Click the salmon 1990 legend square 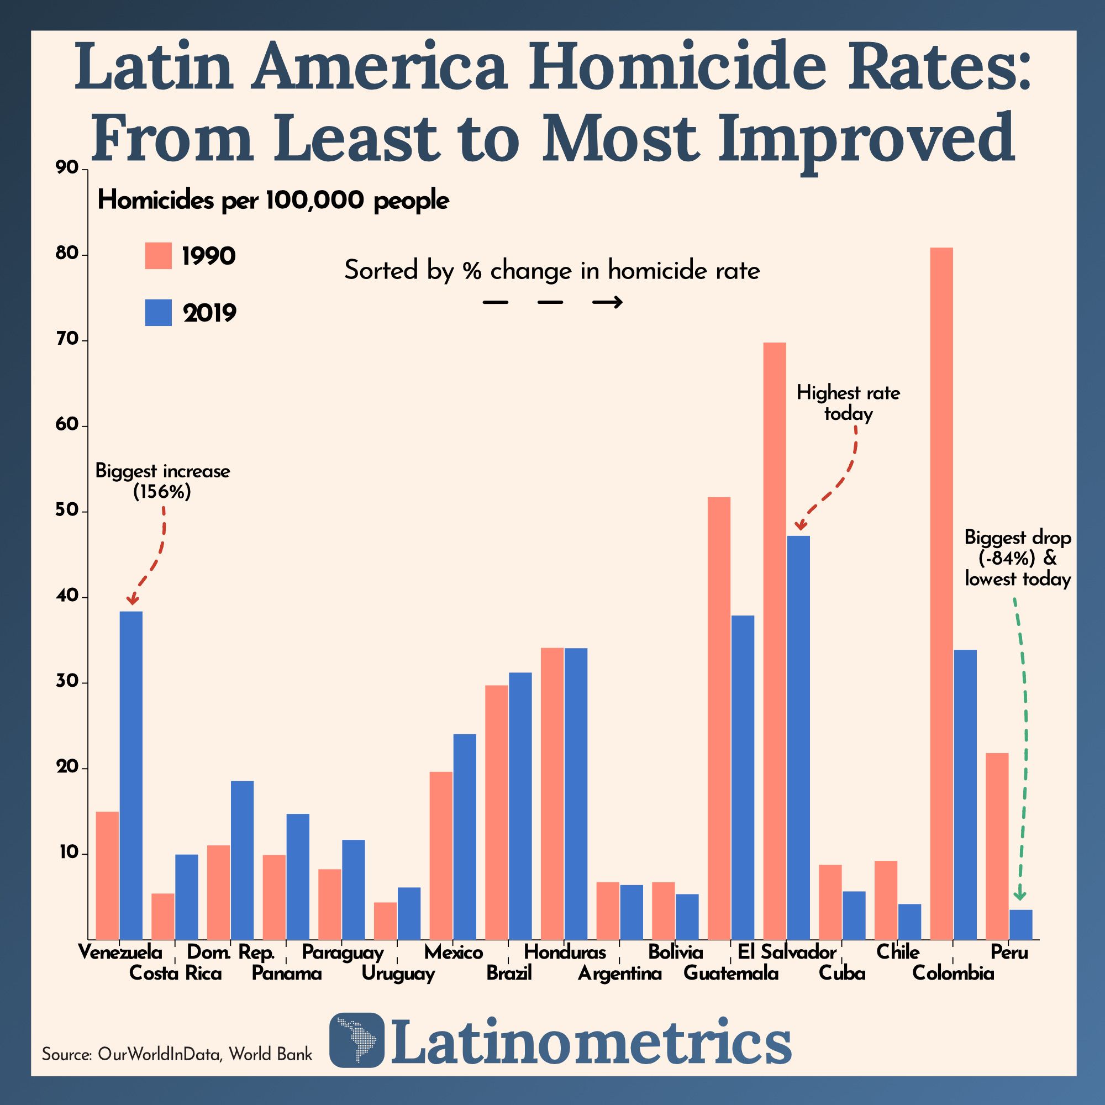pyautogui.click(x=159, y=256)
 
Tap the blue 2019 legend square pyautogui.click(x=159, y=313)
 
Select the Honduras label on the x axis pyautogui.click(x=565, y=953)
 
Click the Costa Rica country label pyautogui.click(x=175, y=973)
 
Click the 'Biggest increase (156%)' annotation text pyautogui.click(x=162, y=481)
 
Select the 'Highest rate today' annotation pyautogui.click(x=848, y=403)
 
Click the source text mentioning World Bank pyautogui.click(x=177, y=1054)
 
